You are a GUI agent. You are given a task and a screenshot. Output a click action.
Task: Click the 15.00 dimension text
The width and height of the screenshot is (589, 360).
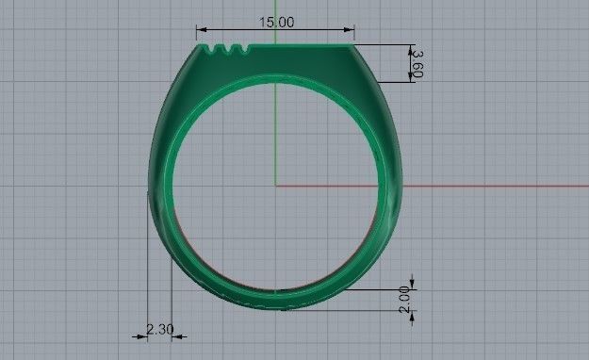[x=274, y=22]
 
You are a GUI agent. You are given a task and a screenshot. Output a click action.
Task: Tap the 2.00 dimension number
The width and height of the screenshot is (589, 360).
[x=405, y=300]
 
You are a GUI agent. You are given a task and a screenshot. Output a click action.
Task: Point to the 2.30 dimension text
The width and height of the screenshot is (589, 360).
[x=159, y=329]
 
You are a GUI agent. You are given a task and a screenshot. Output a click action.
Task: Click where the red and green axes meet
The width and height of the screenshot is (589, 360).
[x=275, y=185]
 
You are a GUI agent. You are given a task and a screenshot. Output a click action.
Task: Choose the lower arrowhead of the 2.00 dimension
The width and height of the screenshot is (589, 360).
[x=412, y=312]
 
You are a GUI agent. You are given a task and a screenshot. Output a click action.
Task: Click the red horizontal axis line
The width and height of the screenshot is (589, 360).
[x=471, y=185]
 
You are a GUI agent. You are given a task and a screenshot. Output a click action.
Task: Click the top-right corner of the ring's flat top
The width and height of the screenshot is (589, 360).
[x=352, y=44]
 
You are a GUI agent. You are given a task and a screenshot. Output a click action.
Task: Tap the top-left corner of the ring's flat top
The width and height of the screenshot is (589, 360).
[x=202, y=44]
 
